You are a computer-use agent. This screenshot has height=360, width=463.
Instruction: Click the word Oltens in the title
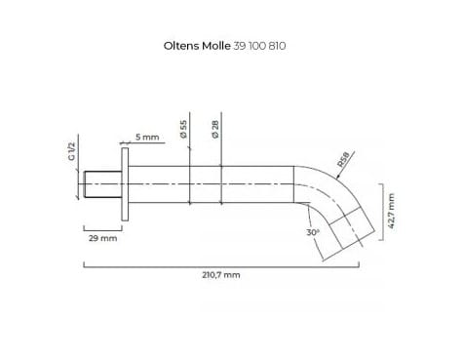tap(181, 46)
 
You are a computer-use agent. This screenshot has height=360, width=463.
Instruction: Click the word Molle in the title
tap(216, 46)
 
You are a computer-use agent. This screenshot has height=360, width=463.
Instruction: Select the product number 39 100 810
tap(259, 46)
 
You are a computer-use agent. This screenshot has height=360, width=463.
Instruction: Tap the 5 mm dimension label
tap(147, 137)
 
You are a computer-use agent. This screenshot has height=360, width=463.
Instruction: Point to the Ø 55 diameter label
tap(183, 129)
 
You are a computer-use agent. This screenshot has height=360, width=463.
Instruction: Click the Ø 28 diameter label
tap(215, 129)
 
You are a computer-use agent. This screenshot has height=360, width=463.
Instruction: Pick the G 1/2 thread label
tap(71, 151)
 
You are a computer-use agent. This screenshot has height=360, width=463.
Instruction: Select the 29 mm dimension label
tap(102, 238)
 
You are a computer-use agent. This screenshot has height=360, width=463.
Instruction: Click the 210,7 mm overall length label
tap(221, 275)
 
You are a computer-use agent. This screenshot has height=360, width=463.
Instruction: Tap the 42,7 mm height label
tap(391, 212)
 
